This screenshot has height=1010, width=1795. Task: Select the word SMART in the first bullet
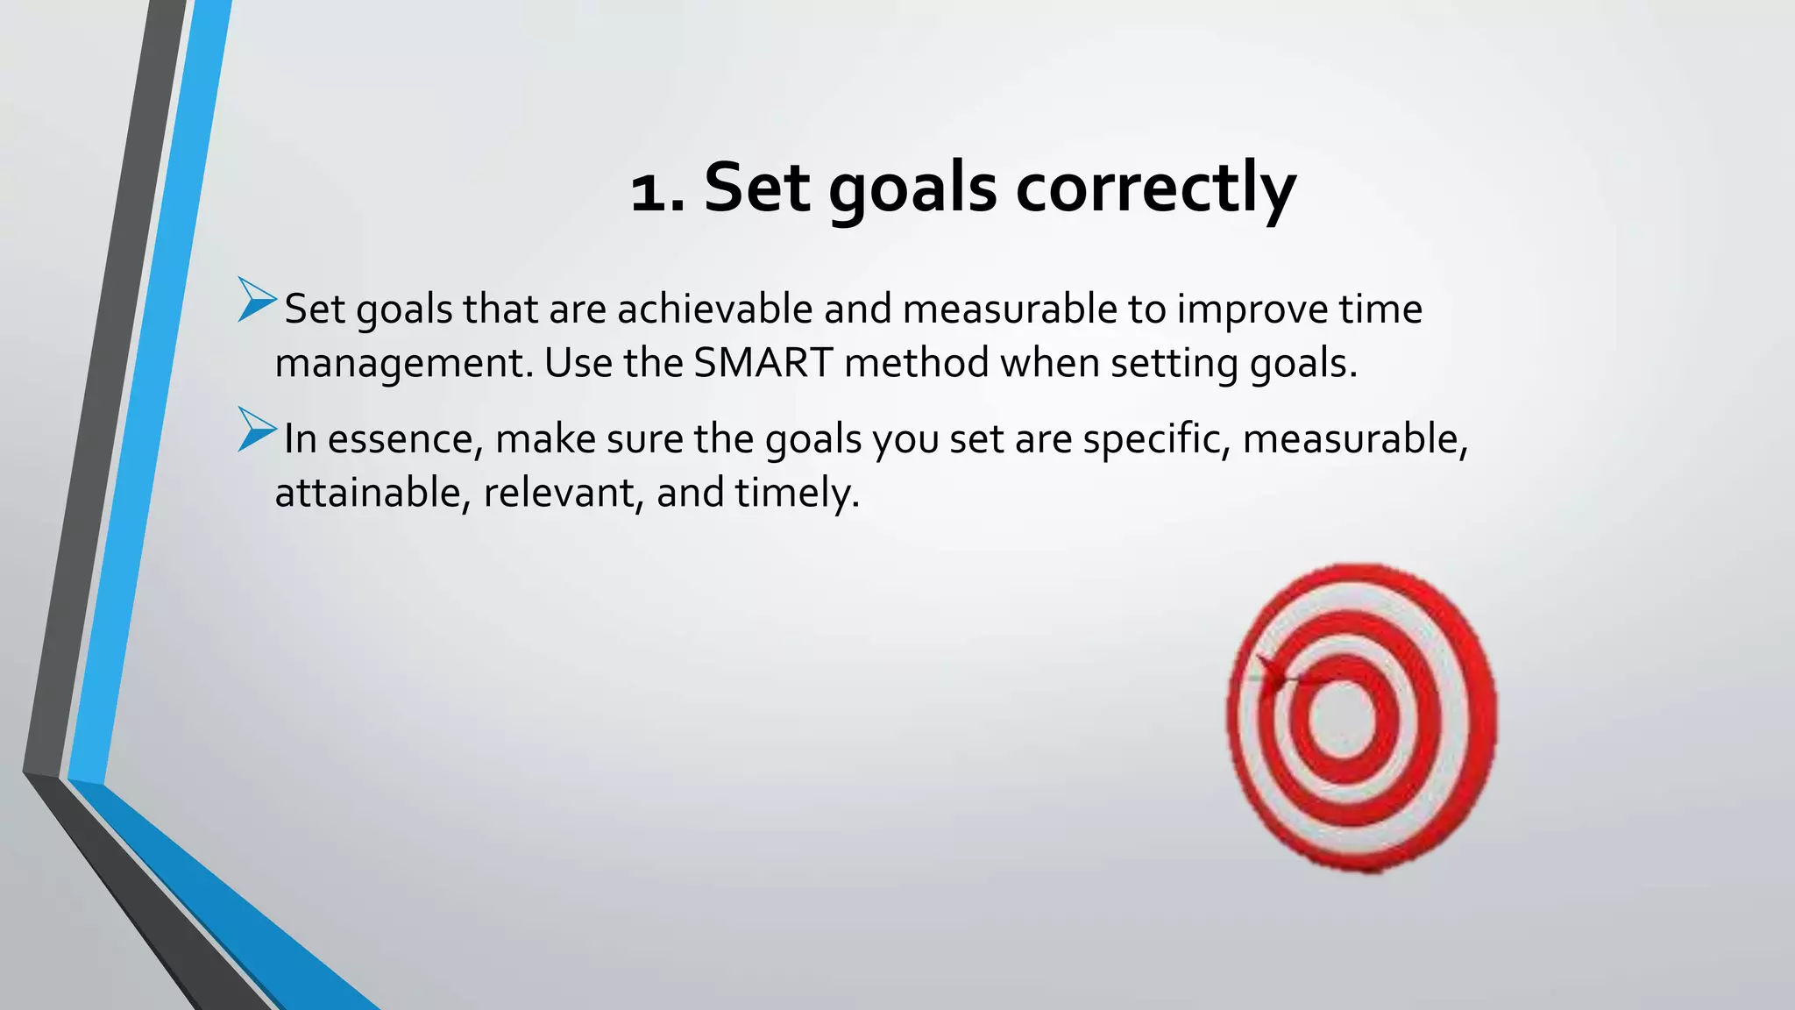[763, 363]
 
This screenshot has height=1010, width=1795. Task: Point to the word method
[917, 363]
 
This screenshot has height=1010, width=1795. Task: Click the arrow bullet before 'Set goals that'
[256, 299]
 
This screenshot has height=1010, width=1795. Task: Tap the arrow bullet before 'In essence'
[256, 430]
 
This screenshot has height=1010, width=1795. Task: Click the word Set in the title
[756, 188]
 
